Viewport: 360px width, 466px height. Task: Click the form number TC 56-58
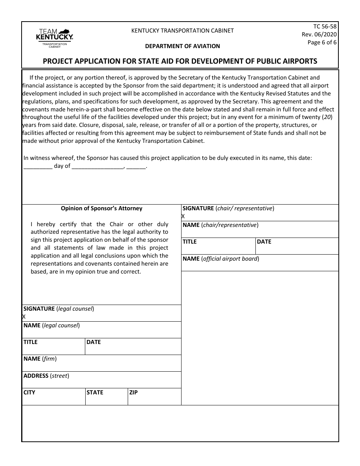click(325, 27)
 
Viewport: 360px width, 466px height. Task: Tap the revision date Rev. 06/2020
click(319, 34)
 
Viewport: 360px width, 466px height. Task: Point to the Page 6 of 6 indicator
click(322, 42)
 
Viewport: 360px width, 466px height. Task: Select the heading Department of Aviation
click(182, 46)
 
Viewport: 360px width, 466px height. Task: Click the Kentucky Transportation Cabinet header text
click(182, 31)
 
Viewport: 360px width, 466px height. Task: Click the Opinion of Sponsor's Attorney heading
click(102, 208)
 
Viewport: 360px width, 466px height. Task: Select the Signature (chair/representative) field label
click(228, 208)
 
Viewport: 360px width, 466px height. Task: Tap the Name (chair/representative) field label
click(220, 225)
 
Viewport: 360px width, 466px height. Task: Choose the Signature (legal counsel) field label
click(58, 309)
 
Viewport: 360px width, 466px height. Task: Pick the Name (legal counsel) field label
click(52, 325)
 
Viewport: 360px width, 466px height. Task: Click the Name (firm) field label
click(40, 359)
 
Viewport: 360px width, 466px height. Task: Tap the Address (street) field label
click(46, 376)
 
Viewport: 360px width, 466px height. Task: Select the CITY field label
click(29, 393)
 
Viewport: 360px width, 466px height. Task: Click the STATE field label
click(95, 393)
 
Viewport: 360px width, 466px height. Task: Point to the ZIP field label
click(133, 393)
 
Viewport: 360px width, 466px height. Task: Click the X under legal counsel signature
click(24, 317)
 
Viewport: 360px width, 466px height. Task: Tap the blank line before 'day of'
click(38, 166)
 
